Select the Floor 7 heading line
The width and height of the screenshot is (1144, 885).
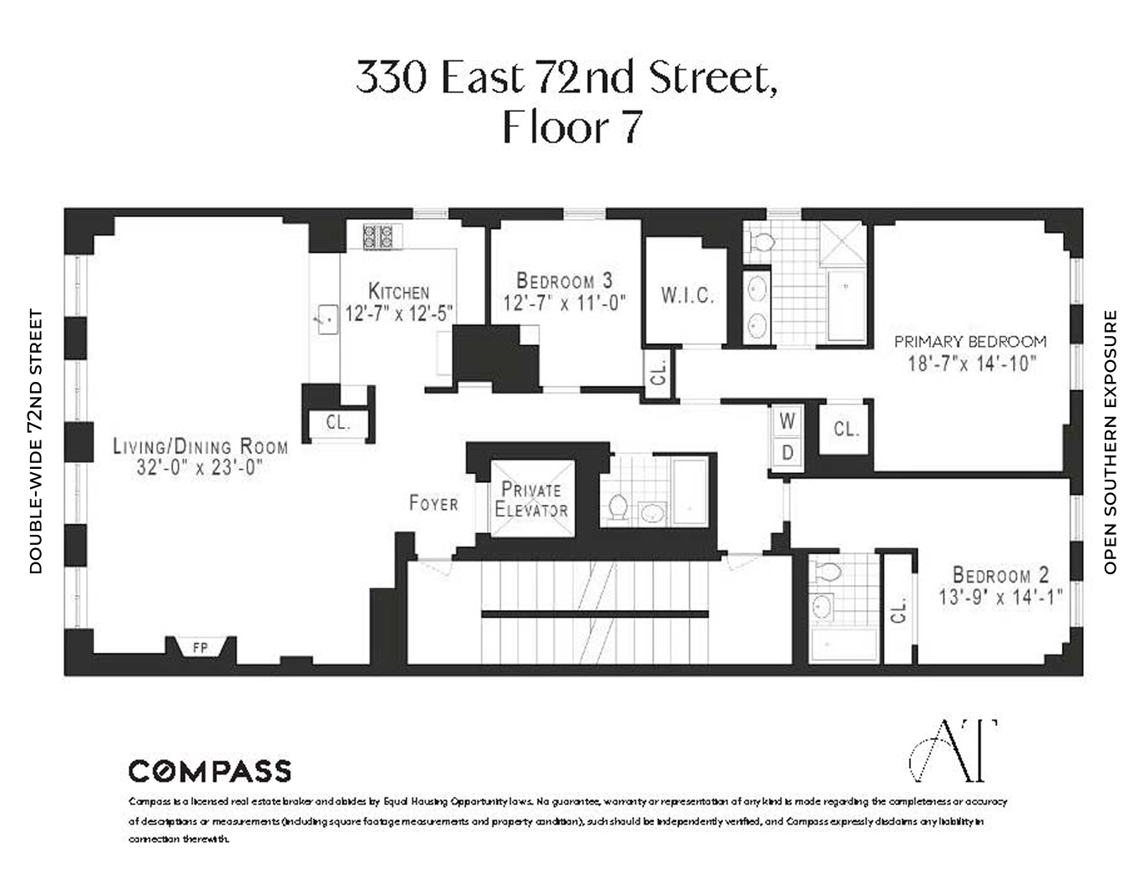pos(572,128)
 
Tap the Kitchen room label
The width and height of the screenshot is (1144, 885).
pos(398,292)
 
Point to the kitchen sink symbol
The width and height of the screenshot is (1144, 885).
pos(325,318)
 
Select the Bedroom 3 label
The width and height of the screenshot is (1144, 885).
pos(564,281)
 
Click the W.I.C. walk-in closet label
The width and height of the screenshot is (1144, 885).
pos(687,296)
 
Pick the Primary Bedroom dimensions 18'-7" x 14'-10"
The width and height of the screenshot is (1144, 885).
pos(971,364)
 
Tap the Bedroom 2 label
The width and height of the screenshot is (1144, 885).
pos(1000,575)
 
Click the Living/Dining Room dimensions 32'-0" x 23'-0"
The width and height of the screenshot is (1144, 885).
pos(200,467)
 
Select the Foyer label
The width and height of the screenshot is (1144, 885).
pos(433,503)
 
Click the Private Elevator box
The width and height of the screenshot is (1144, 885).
pos(532,499)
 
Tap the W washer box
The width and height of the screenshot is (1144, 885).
pos(787,422)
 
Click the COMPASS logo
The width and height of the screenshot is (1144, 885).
pos(210,771)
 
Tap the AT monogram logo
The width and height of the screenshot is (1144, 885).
pos(952,750)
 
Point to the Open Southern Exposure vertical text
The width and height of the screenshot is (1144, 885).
pos(1110,442)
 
